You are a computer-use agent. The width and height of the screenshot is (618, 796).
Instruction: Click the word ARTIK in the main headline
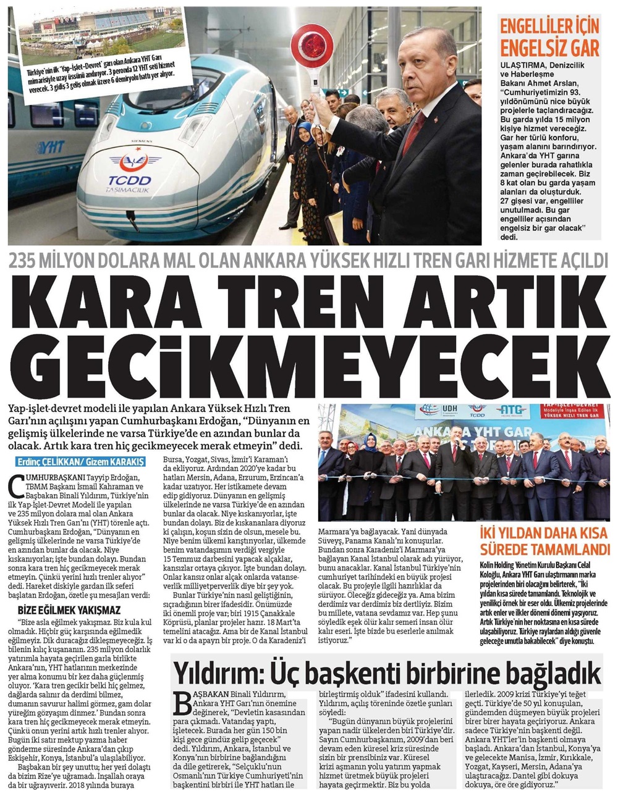[x=492, y=302]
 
